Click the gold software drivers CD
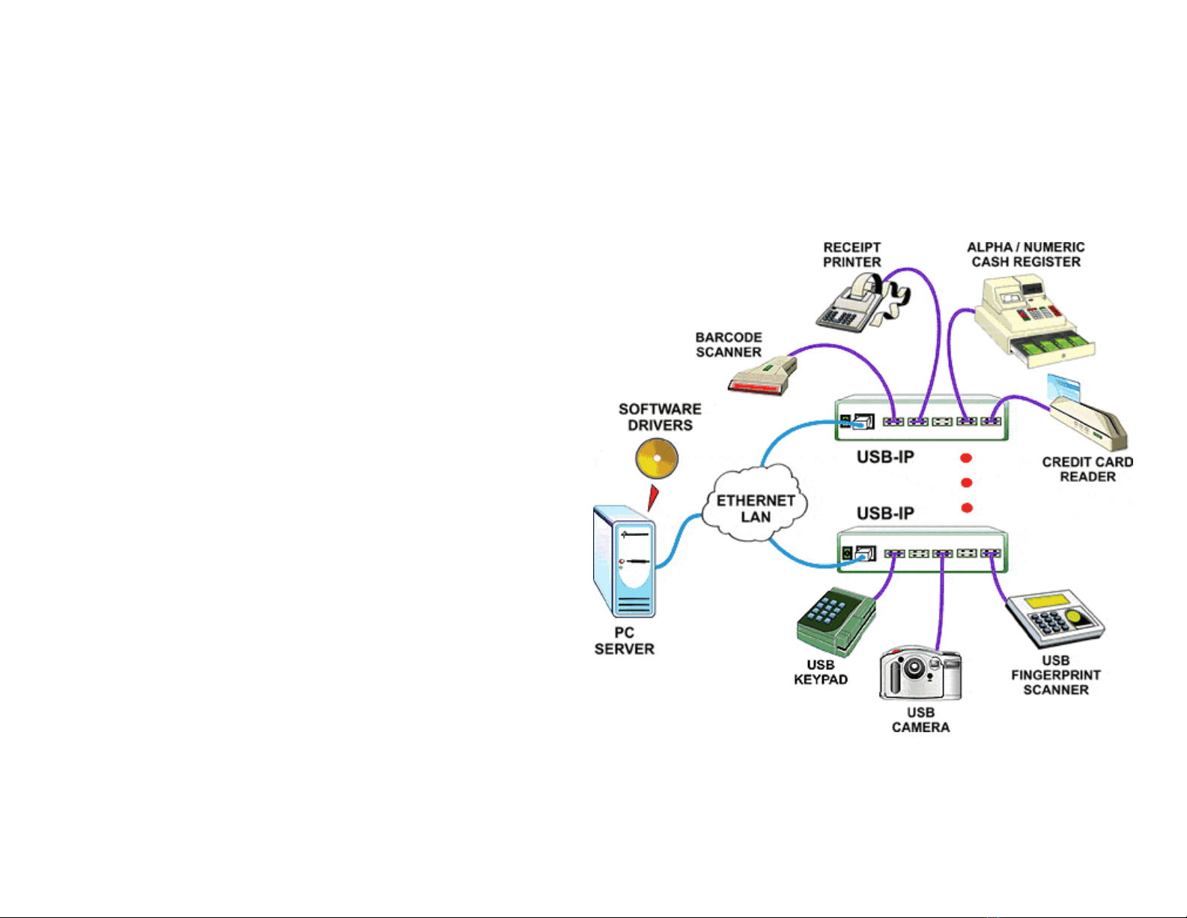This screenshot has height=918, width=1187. pyautogui.click(x=657, y=458)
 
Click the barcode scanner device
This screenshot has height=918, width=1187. pyautogui.click(x=762, y=376)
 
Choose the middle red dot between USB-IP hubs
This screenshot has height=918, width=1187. pyautogui.click(x=966, y=483)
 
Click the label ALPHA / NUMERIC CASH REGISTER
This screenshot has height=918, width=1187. pyautogui.click(x=1025, y=255)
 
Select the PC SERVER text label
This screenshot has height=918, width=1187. pyautogui.click(x=624, y=641)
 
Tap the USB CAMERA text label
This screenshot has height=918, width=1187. pyautogui.click(x=920, y=719)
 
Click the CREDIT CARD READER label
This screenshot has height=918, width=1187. pyautogui.click(x=1087, y=469)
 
